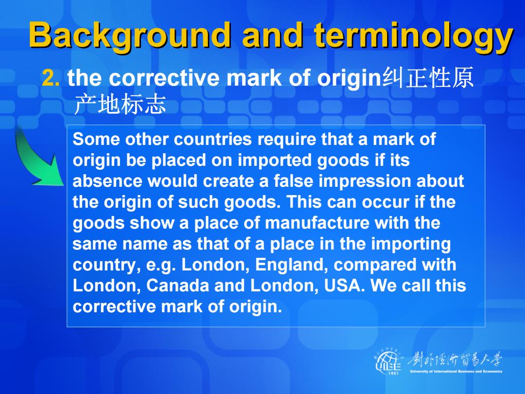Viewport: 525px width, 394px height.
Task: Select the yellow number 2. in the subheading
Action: pos(51,78)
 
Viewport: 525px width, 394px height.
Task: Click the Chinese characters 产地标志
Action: pos(120,104)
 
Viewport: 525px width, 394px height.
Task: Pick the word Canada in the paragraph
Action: pos(177,286)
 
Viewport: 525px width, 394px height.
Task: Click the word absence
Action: pos(107,181)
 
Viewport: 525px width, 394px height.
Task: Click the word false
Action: pos(293,181)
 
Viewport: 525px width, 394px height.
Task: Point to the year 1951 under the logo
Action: pos(393,373)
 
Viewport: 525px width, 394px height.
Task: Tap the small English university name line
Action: pos(456,371)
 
